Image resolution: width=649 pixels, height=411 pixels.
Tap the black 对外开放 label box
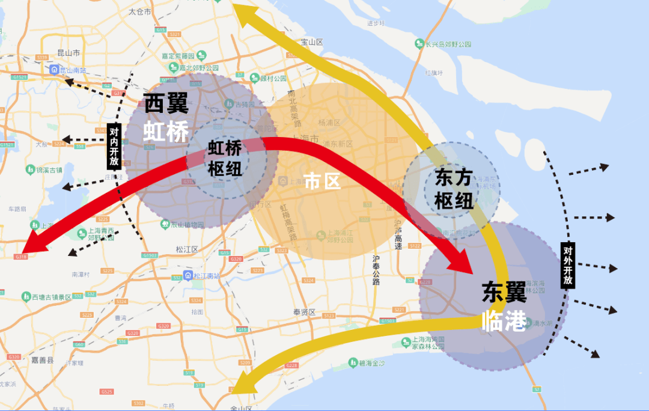(x=567, y=265)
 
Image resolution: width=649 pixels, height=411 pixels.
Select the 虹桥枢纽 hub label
(x=225, y=158)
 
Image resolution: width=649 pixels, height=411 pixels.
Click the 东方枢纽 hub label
(x=454, y=189)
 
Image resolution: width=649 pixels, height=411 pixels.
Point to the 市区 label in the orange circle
(x=322, y=180)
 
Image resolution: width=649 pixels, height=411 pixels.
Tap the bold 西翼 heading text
(x=166, y=104)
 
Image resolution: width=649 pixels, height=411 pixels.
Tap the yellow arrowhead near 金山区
(x=243, y=384)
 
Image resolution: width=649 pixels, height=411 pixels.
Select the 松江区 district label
(x=187, y=249)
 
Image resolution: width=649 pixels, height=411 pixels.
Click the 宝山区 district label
(x=312, y=42)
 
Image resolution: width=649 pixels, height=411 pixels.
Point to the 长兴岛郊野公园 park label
(x=448, y=44)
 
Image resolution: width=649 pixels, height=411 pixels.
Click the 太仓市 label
(x=140, y=11)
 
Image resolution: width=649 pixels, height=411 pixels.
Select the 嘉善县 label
(x=42, y=360)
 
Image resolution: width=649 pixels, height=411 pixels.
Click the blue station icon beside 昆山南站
(x=54, y=70)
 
